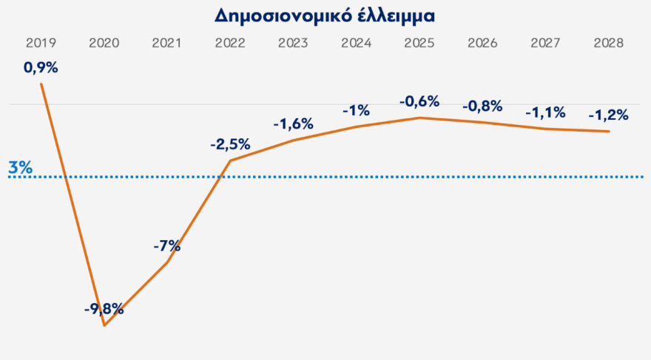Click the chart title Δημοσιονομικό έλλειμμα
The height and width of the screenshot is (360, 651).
tap(325, 16)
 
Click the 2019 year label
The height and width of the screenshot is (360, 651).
tap(41, 43)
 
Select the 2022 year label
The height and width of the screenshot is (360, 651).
tap(230, 43)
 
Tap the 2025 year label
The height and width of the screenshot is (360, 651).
tap(419, 43)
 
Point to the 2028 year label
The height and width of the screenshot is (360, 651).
tap(608, 43)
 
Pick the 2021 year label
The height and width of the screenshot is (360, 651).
tap(167, 43)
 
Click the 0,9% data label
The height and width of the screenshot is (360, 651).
tap(41, 68)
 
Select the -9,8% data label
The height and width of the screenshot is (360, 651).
tap(104, 309)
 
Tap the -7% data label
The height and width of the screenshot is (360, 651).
tap(167, 246)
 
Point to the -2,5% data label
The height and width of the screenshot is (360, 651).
tap(230, 144)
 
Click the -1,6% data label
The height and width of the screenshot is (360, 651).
tap(294, 123)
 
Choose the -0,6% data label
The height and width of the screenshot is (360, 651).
tap(419, 101)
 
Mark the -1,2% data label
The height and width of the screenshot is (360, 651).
tap(608, 115)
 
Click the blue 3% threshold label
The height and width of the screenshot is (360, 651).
tap(20, 168)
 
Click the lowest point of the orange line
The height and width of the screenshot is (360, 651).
tap(104, 325)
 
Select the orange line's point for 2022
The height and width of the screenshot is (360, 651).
tap(230, 160)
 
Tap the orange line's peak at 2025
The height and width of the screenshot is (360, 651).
tap(419, 118)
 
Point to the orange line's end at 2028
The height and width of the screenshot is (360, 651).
tap(608, 132)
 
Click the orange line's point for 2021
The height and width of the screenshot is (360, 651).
tap(168, 262)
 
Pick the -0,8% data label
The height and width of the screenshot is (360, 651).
tap(482, 106)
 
